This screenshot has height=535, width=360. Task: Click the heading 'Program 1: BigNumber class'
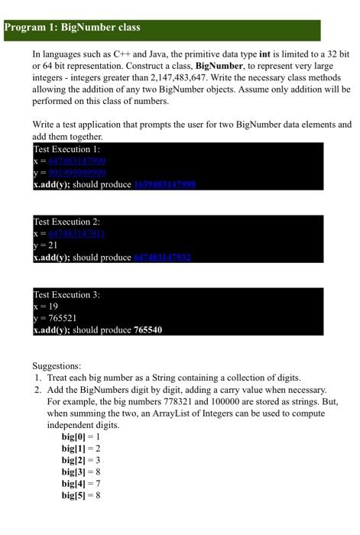[73, 28]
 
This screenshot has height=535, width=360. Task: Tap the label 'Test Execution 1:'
[67, 150]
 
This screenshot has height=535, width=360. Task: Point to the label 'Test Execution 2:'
[67, 222]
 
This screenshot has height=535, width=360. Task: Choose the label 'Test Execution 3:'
[67, 295]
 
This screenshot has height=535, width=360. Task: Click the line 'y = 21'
[47, 245]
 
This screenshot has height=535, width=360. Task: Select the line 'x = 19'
[47, 306]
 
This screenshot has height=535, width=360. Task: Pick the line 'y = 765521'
[56, 318]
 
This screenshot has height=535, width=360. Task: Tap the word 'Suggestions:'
[57, 366]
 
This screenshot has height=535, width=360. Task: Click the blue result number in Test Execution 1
[165, 185]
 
